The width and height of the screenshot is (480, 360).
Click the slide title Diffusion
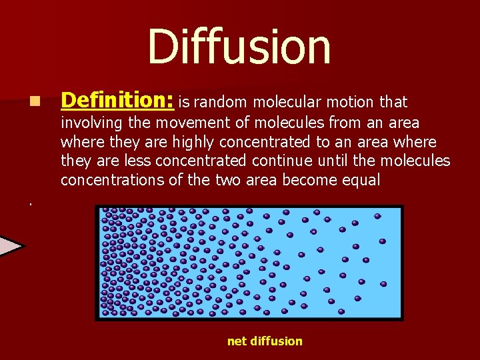239,47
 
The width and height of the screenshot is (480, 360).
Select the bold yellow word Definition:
117,101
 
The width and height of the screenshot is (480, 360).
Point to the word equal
361,180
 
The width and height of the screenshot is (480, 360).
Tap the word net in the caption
237,341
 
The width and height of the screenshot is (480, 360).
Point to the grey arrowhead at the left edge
10,246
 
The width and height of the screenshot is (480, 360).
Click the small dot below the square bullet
30,203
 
